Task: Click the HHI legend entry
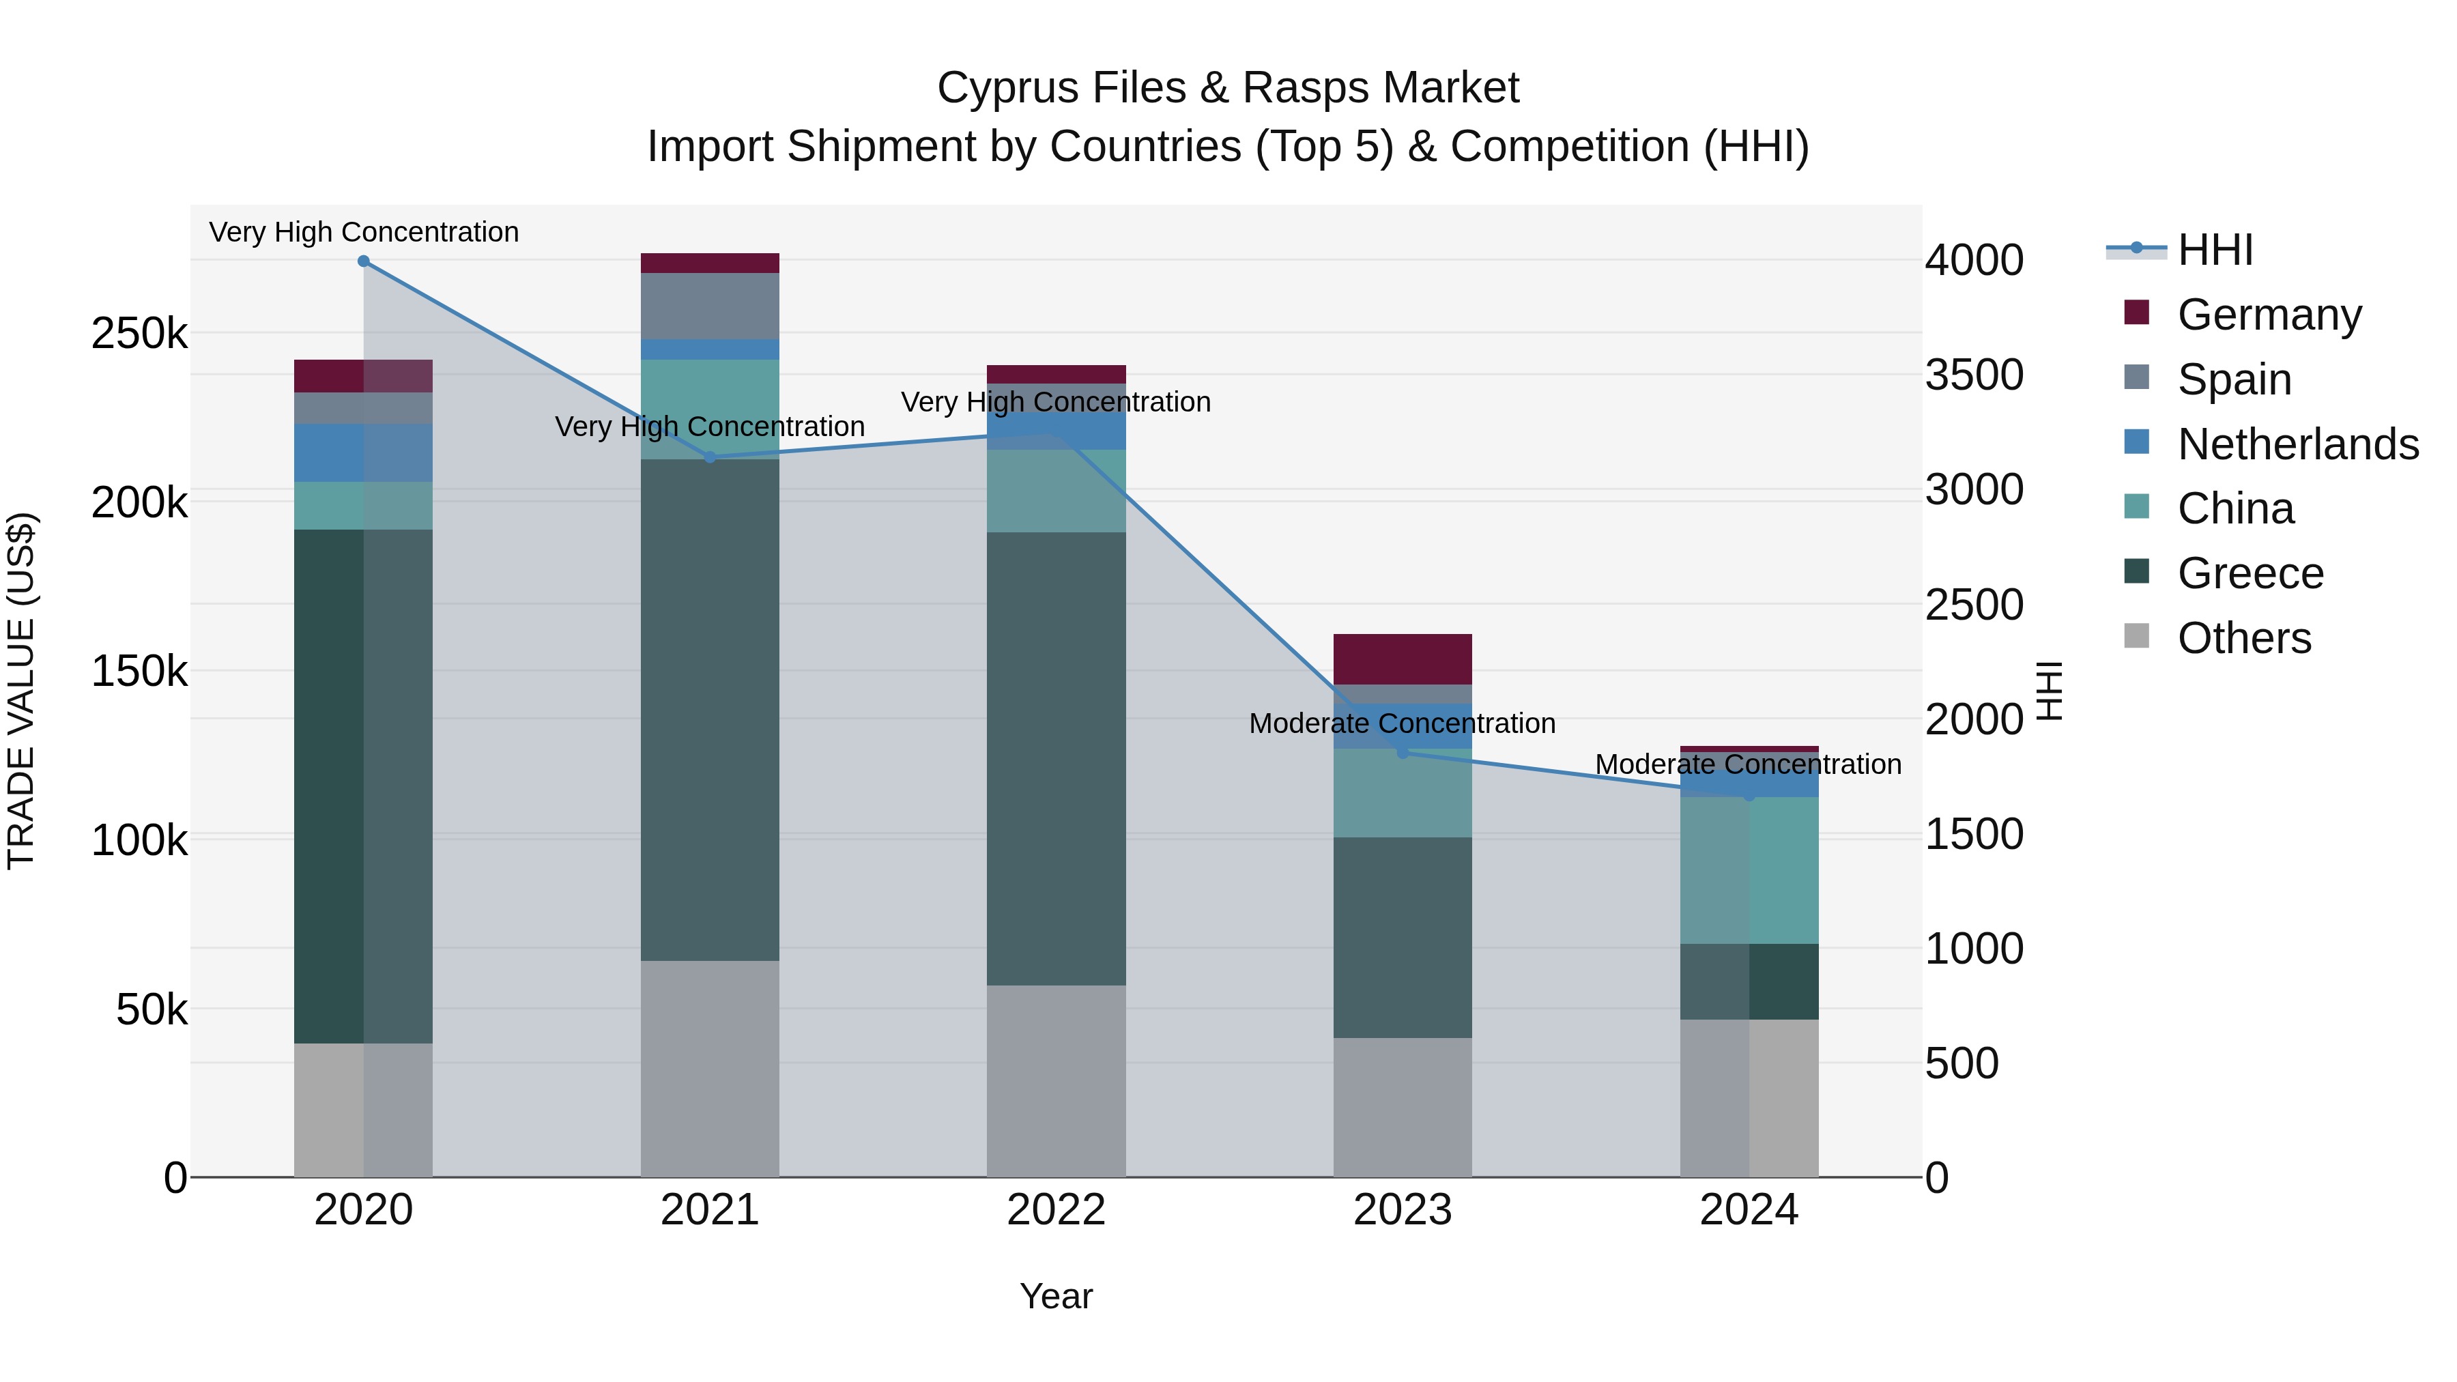pos(2215,250)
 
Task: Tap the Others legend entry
pos(2243,638)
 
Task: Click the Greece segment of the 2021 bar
pos(710,710)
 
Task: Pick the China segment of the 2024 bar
pos(1749,870)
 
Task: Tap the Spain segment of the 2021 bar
pos(710,305)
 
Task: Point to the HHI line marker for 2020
pos(363,261)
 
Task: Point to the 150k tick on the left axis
pos(139,672)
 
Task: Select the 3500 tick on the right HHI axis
pos(1973,375)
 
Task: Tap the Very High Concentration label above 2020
pos(363,232)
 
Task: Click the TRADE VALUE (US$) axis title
pos(22,691)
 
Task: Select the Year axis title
pos(1056,1296)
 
